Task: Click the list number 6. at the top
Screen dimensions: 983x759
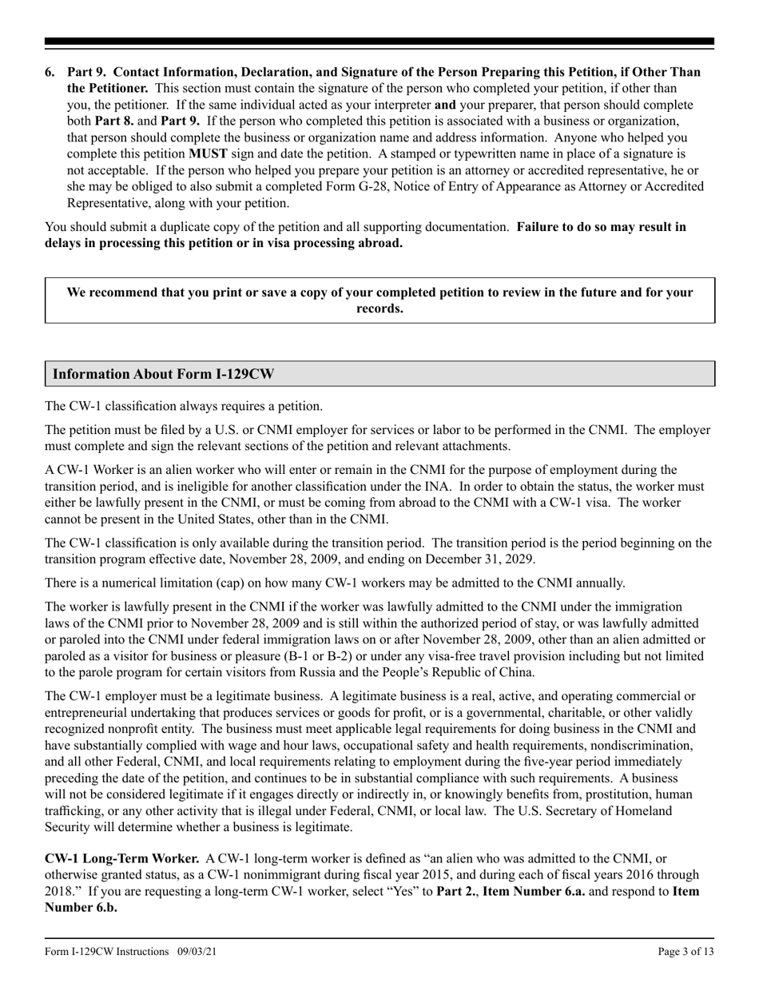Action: tap(50, 72)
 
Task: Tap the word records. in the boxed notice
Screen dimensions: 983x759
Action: tap(379, 308)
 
